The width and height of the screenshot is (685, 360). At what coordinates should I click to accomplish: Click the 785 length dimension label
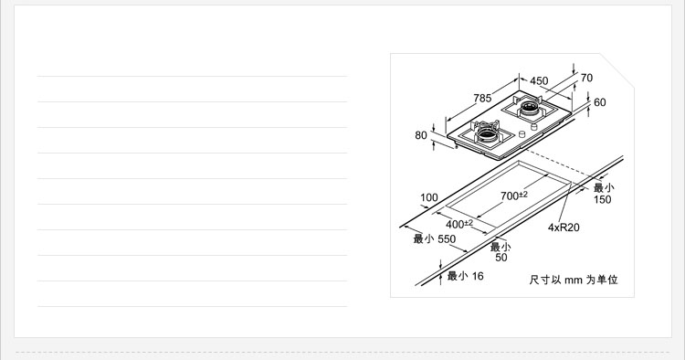tap(482, 99)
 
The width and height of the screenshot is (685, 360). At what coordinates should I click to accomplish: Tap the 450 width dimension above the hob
tap(539, 80)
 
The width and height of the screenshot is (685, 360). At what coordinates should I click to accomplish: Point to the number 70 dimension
tap(586, 78)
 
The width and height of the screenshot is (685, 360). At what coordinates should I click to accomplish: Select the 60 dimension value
tap(600, 102)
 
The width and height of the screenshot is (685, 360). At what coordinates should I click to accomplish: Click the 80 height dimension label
tap(421, 135)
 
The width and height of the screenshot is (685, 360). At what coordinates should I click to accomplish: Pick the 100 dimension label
tap(429, 197)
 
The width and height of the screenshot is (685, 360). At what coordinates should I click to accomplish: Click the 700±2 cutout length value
tap(514, 196)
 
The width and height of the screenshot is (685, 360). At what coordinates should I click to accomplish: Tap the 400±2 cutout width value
tap(459, 224)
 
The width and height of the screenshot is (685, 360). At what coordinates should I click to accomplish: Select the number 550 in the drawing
tap(447, 239)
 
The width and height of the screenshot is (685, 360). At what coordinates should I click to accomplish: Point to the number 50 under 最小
tap(501, 258)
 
